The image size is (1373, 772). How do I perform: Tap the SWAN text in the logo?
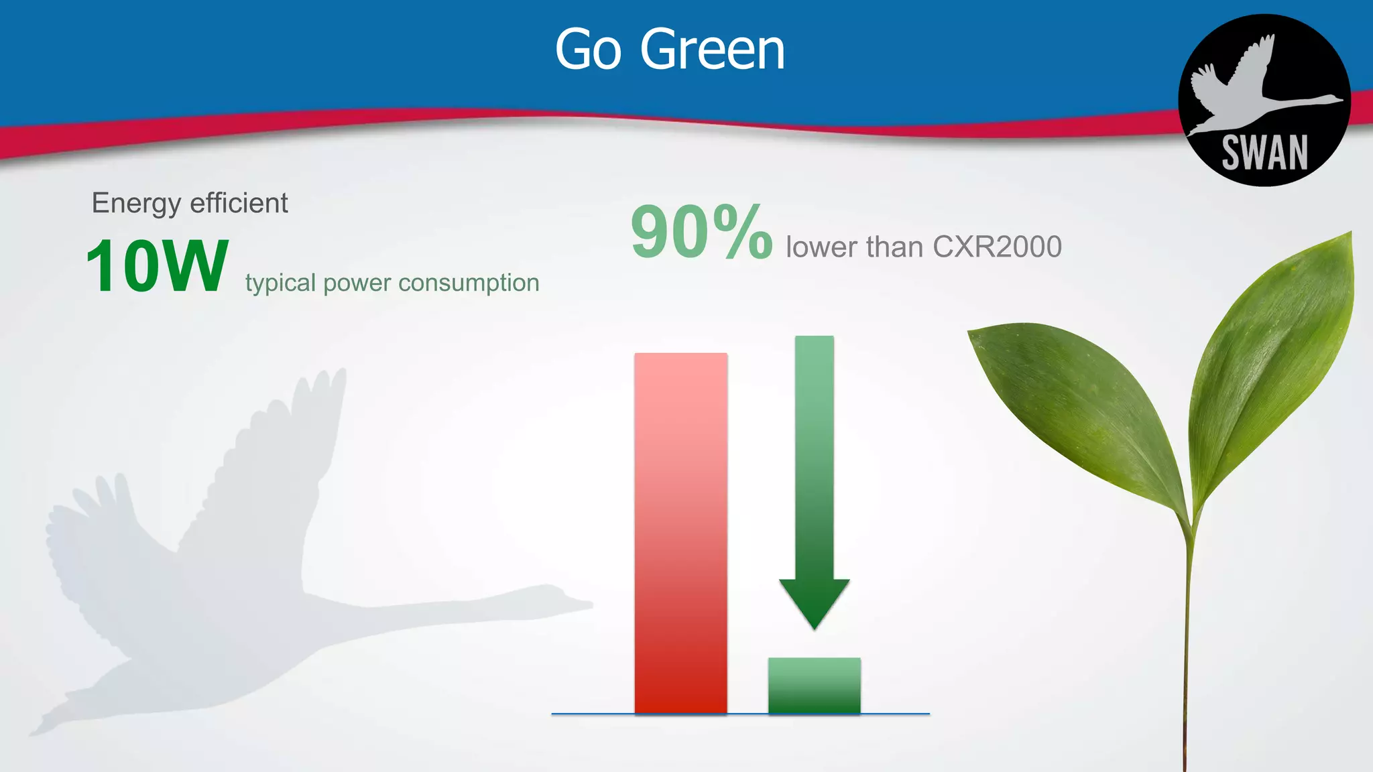click(1264, 153)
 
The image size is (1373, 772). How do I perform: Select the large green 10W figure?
click(157, 267)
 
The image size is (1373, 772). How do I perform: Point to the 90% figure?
click(701, 233)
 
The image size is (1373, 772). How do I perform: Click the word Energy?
click(136, 203)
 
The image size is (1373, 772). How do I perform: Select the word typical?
click(280, 283)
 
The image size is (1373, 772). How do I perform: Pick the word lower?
click(821, 247)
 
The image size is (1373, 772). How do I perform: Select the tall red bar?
click(680, 533)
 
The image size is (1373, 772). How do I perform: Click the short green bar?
click(814, 686)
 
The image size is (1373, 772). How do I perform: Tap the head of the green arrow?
click(814, 600)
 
